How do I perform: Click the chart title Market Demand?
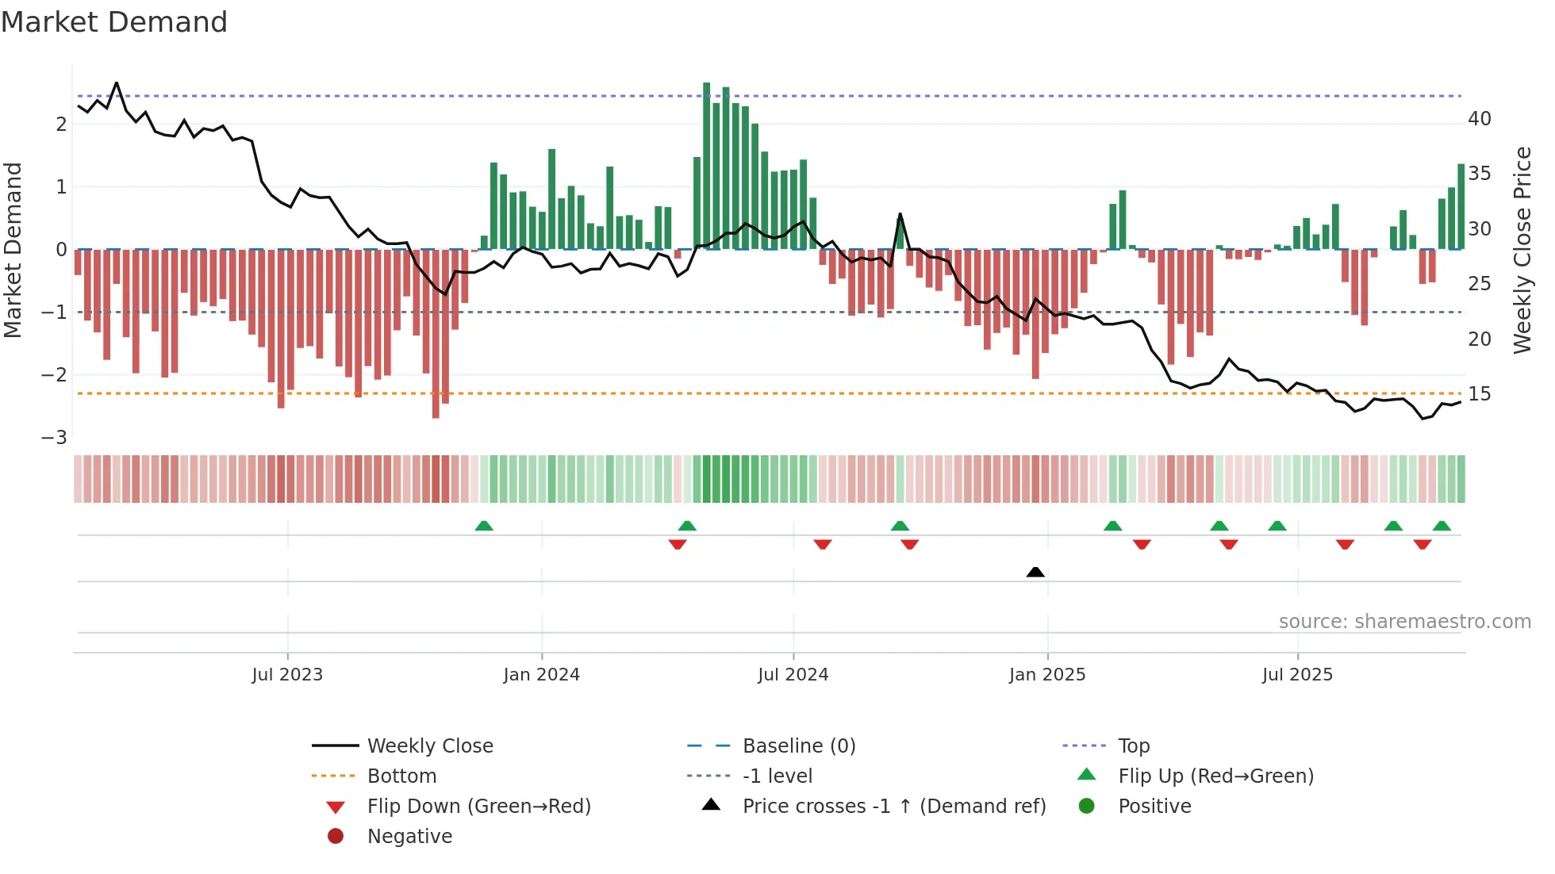tap(114, 22)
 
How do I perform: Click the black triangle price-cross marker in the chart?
tap(1035, 572)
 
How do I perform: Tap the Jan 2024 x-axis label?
tap(542, 675)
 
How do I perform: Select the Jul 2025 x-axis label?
tap(1298, 675)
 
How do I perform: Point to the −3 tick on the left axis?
tap(54, 438)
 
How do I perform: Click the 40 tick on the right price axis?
tap(1480, 119)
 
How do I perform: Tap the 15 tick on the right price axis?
tap(1480, 394)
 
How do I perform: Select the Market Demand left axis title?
tap(13, 250)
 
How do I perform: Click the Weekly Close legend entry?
tap(430, 746)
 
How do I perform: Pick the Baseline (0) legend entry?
tap(799, 746)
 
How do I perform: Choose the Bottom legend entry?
tap(401, 776)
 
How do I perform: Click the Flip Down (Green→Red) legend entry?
tap(478, 807)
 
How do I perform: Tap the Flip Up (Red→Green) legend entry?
tap(1215, 776)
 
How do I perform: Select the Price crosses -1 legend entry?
tap(894, 807)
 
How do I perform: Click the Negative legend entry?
tap(409, 837)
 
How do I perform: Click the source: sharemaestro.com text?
tap(1404, 622)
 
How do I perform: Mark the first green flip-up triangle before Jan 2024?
tap(484, 526)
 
